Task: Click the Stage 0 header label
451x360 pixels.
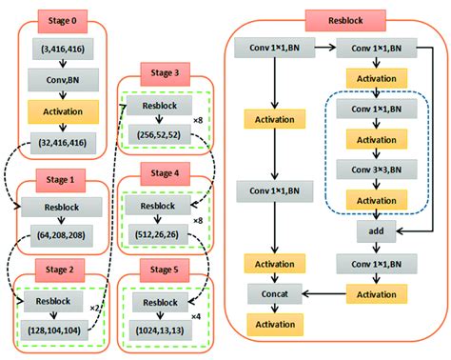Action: pos(61,18)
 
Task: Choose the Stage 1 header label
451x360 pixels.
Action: pos(61,177)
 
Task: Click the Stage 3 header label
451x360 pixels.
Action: pos(165,72)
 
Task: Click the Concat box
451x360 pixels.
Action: pos(276,294)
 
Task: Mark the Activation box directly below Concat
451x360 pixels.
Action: pos(276,325)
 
